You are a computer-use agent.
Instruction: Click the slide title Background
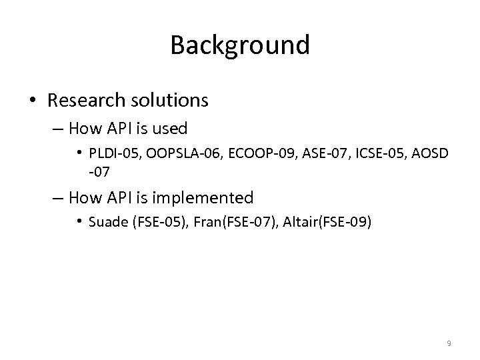click(x=240, y=45)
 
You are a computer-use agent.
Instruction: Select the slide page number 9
click(x=449, y=343)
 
